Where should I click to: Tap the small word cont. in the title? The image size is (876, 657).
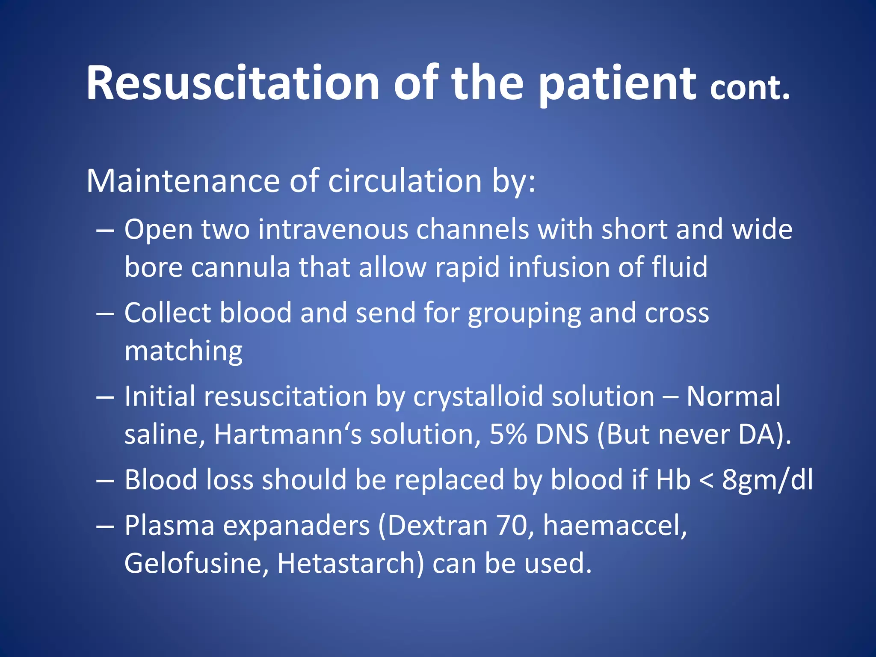point(749,89)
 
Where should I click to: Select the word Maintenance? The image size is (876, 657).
point(183,181)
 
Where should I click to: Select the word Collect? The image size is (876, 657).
point(167,313)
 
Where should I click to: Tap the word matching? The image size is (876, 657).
point(183,352)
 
